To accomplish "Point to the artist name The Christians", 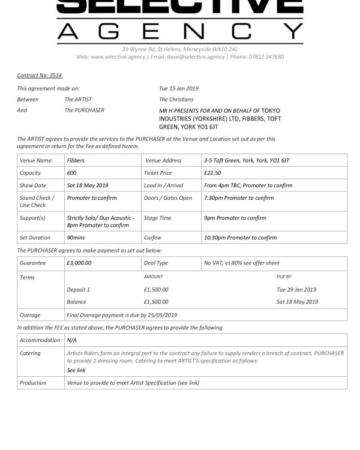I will click(176, 99).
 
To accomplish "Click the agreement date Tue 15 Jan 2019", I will click(178, 88).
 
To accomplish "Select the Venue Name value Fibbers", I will click(76, 160).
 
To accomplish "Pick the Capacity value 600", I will click(71, 173).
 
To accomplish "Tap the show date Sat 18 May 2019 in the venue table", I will click(88, 185).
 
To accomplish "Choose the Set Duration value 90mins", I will click(76, 238).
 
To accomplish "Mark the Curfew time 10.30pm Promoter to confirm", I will click(241, 238).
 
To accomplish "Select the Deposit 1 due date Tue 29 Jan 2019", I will click(297, 289).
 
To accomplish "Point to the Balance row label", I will click(77, 302).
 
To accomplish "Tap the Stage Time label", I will click(158, 218).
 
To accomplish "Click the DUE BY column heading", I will click(284, 277).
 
